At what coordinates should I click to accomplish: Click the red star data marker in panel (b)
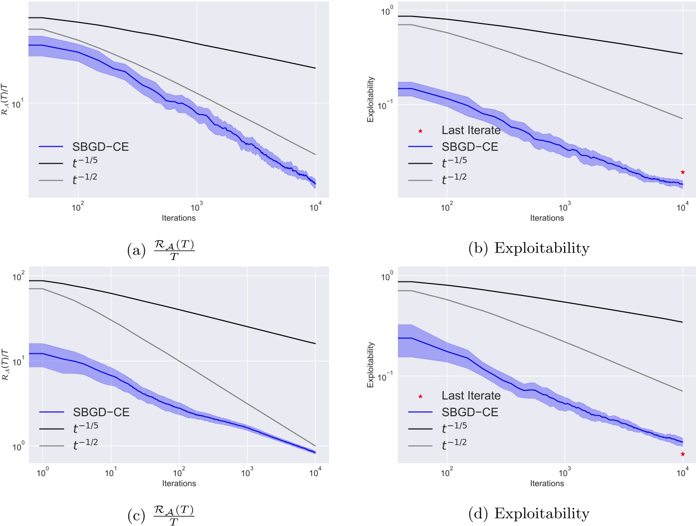coord(683,172)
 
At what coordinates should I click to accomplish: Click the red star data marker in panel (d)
coord(683,454)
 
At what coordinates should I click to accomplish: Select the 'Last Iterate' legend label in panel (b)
coord(471,130)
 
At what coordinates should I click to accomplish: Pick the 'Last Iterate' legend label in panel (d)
coord(471,396)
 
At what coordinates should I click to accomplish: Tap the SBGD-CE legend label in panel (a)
coord(100,147)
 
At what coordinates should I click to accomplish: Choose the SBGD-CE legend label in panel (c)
coord(101,412)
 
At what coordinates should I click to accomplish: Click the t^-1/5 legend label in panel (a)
coord(85,162)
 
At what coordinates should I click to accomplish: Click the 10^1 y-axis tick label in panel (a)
coord(16,104)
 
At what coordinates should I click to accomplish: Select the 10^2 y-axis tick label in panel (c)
coord(18,276)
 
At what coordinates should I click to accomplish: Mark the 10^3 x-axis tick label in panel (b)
coord(565,207)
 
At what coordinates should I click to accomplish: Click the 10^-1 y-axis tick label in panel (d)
coord(385,376)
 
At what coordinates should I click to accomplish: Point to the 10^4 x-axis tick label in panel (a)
coord(315,207)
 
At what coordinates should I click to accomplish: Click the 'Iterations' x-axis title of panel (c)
coord(179,483)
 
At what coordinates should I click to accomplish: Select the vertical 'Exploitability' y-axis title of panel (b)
coord(370,99)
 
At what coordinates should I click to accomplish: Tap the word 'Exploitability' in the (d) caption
coord(542,514)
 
